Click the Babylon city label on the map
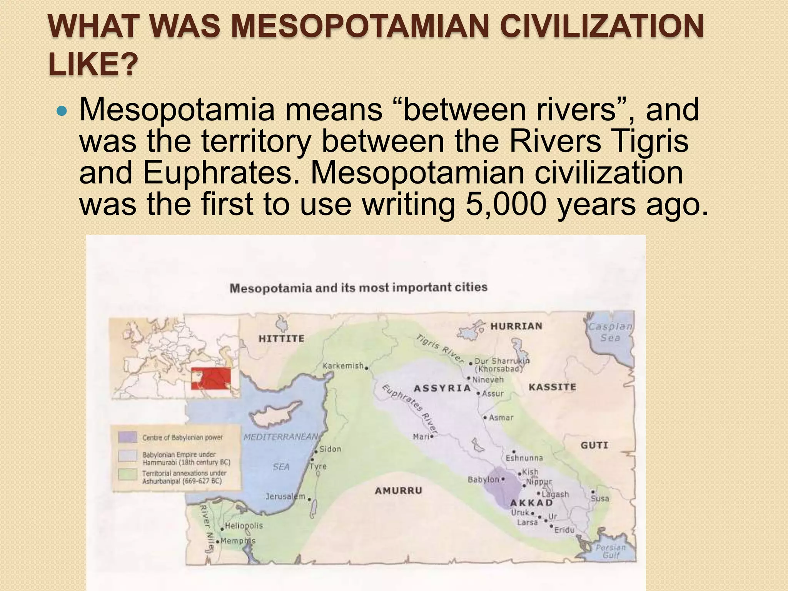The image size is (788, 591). coord(483,480)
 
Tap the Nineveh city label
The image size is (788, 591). coord(487,379)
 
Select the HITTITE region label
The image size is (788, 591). coord(281,339)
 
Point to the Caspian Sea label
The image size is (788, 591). coord(610,332)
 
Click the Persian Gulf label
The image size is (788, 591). coord(611,551)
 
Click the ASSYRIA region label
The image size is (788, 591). coord(442,388)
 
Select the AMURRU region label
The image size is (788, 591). coord(398,491)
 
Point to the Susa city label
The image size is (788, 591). coord(600,499)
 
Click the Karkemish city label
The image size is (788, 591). coord(343,366)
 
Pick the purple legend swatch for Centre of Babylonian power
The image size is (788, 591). coord(127,437)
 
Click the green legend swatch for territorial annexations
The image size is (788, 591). coord(127,474)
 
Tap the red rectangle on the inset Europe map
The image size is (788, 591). coord(211,379)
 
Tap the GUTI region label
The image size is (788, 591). coord(594,446)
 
